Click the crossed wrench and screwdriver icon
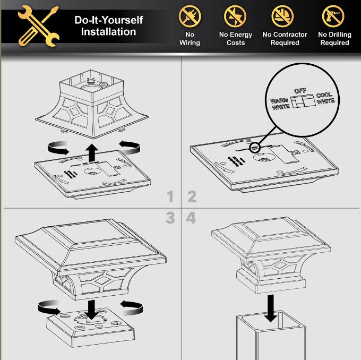(x=38, y=26)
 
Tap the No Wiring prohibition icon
(x=190, y=16)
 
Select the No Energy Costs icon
(x=235, y=16)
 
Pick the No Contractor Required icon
(x=282, y=16)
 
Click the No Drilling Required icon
(x=333, y=16)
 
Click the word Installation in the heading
(x=108, y=31)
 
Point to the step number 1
(x=170, y=196)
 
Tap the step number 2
(x=192, y=196)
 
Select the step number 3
(x=170, y=218)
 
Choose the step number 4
(x=191, y=218)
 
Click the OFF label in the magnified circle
(x=300, y=91)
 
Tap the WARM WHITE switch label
(x=280, y=104)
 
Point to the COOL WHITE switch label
(x=325, y=98)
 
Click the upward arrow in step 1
(x=92, y=152)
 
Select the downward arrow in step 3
(x=91, y=310)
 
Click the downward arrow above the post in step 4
(x=271, y=308)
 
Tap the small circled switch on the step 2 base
(x=255, y=148)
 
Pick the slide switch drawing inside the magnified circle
(x=303, y=101)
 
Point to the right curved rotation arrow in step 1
(x=130, y=147)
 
